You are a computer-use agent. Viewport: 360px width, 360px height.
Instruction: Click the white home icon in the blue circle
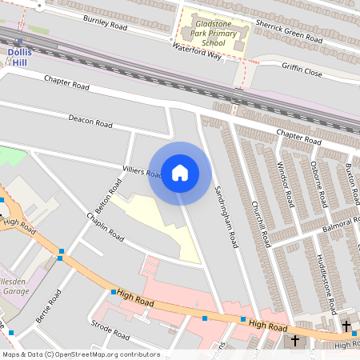pos(180,172)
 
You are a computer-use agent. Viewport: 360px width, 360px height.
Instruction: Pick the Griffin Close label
pos(302,71)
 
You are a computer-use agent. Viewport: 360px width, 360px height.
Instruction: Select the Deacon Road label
pos(90,121)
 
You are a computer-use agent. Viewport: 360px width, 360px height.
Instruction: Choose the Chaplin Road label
pos(106,227)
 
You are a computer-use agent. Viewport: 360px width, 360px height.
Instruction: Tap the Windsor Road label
pos(286,185)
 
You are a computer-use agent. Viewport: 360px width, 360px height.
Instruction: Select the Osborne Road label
pos(318,185)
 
